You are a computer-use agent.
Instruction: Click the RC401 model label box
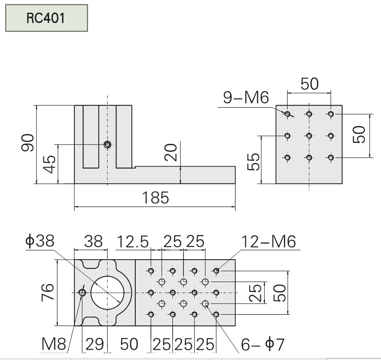pos(46,19)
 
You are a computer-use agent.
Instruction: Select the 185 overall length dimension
pos(155,198)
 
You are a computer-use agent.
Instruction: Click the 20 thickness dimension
pos(171,154)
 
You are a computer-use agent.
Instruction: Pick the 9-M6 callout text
pos(246,98)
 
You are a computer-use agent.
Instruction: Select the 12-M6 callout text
pos(269,242)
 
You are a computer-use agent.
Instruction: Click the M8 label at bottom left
pos(53,344)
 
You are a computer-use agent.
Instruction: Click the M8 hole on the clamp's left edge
pos(82,292)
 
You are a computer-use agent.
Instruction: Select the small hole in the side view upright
pos(107,144)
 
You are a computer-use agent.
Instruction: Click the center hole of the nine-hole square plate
pos(309,136)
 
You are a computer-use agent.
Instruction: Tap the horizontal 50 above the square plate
pos(309,84)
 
